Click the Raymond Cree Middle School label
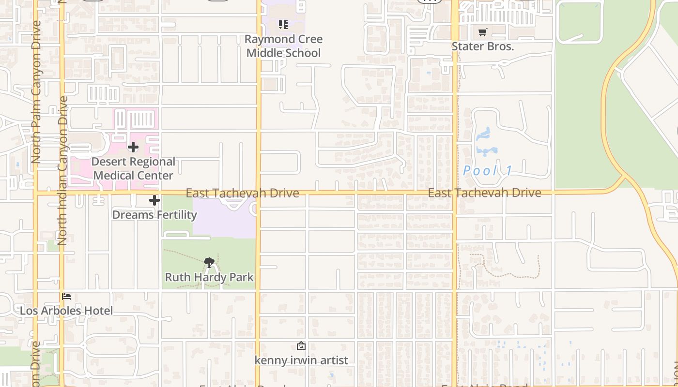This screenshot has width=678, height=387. coord(283,46)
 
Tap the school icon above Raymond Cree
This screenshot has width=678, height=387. coord(283,24)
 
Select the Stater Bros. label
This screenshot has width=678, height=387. coord(482,46)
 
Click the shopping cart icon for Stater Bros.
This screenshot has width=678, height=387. coord(482,32)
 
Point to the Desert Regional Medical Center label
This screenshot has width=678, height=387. coord(133,168)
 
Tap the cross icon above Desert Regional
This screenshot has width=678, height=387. coord(133,147)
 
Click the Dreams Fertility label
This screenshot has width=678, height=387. coord(154,214)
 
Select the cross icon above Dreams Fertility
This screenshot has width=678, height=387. coord(154,200)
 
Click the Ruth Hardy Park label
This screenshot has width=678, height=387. coord(209,277)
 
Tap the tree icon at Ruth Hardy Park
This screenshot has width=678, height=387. coord(209,263)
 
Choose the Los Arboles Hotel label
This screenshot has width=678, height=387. coord(66,311)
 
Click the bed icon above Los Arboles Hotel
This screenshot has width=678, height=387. coord(66,296)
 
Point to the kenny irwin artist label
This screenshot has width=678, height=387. coord(301,360)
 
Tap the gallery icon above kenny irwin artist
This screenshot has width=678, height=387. coord(301,346)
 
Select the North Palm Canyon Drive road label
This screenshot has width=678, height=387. coord(36,92)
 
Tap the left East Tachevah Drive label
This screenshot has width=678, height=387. coord(242,193)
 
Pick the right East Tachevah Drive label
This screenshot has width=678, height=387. coord(484,193)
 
